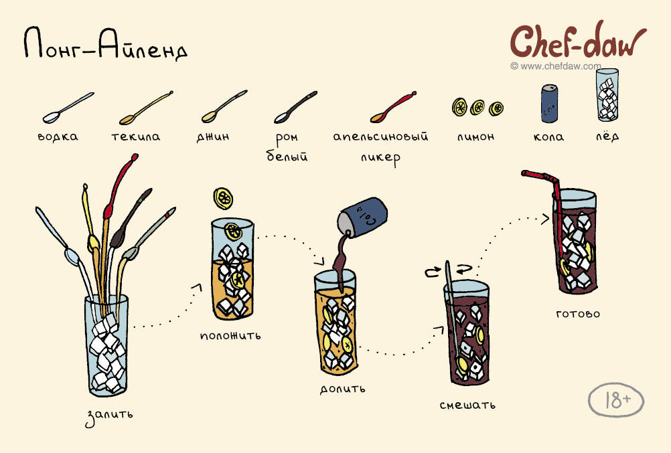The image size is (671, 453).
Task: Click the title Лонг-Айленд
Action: point(106,43)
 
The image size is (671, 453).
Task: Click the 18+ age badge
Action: point(616,400)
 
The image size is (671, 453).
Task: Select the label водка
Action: point(58,137)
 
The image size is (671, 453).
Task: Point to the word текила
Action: point(136,137)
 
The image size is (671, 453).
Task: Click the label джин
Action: point(213,137)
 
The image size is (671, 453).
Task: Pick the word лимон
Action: point(475,137)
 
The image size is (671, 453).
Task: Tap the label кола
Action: point(548,137)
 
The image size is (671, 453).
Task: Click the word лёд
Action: point(607,136)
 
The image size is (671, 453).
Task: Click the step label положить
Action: point(230,335)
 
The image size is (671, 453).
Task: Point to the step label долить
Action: point(342,389)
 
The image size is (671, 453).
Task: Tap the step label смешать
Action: point(467,405)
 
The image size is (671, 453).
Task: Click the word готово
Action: point(578,314)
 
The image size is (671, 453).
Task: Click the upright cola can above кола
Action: point(549,103)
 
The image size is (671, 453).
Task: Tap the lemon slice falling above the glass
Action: point(223,198)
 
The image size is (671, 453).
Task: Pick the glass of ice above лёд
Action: point(607,94)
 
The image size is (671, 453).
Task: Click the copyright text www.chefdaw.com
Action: point(556,66)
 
